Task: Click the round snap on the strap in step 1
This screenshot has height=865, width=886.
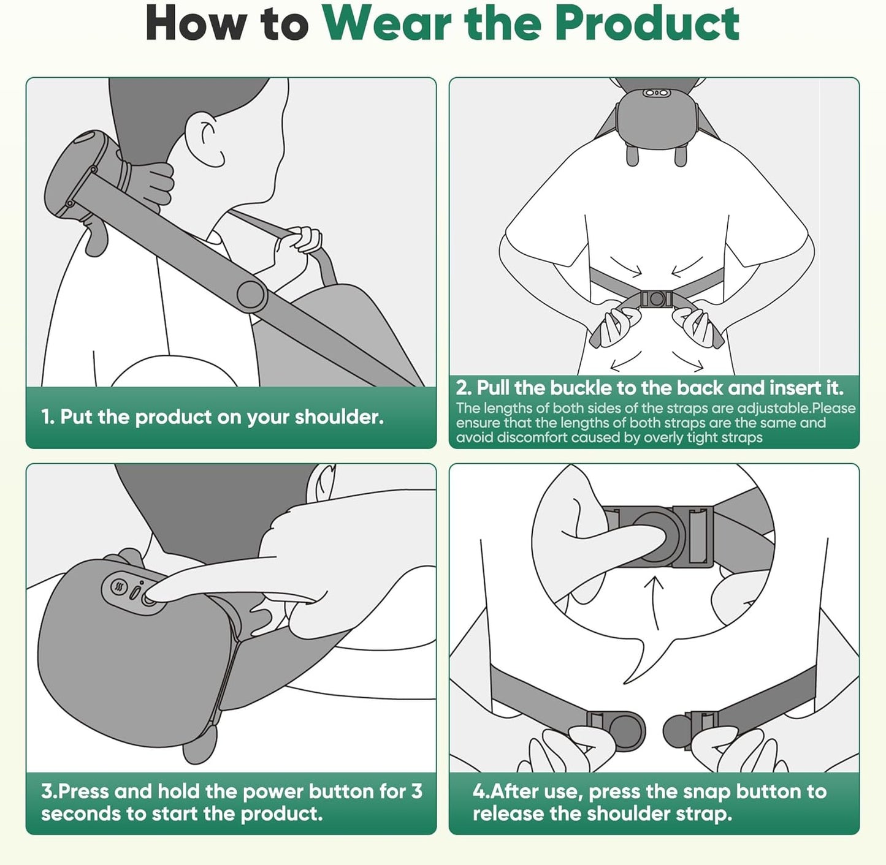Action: click(x=252, y=295)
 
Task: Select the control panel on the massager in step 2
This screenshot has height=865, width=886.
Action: click(x=655, y=93)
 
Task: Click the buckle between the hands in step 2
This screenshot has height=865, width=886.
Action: click(x=656, y=299)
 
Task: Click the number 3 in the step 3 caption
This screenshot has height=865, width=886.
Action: click(x=417, y=791)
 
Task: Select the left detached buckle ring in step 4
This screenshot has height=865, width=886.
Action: click(x=625, y=730)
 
